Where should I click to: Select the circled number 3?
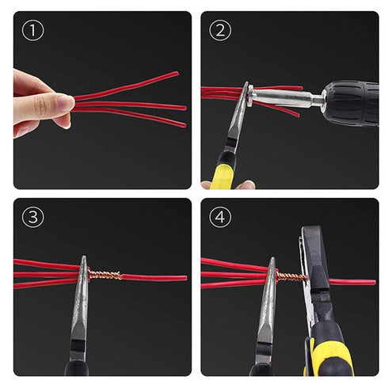point(32,217)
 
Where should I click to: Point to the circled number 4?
point(219,217)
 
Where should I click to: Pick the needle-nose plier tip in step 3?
point(82,262)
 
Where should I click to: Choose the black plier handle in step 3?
point(76,366)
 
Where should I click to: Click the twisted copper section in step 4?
point(289,276)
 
